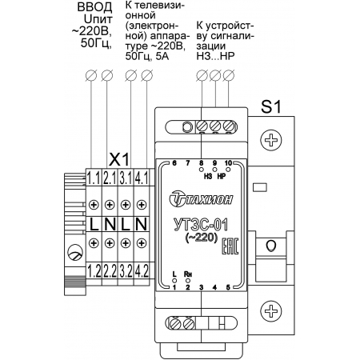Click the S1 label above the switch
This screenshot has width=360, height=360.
point(271,107)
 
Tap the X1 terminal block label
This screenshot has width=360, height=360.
point(119,159)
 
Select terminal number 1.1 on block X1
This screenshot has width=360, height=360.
point(94,178)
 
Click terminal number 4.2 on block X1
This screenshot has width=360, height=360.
point(142,271)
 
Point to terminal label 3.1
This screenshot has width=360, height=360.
point(126,178)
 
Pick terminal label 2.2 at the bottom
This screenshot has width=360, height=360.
point(110,271)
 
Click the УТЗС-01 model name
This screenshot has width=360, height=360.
point(201,225)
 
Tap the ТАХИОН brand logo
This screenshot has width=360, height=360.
point(201,198)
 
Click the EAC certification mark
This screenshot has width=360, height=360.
point(230,246)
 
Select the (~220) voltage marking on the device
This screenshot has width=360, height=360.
point(201,237)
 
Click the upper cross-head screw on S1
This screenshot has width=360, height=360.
point(271,140)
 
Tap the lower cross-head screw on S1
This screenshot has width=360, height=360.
point(271,311)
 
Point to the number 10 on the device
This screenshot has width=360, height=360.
point(228,162)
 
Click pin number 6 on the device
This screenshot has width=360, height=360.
point(174,162)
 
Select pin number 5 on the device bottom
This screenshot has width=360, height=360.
point(228,287)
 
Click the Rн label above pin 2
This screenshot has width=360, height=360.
point(188,274)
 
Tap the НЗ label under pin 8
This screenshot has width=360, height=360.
point(208,176)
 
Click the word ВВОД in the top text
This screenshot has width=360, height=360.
point(94,7)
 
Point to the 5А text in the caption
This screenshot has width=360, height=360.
point(162,56)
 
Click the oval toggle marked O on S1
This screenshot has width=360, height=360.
point(271,246)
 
